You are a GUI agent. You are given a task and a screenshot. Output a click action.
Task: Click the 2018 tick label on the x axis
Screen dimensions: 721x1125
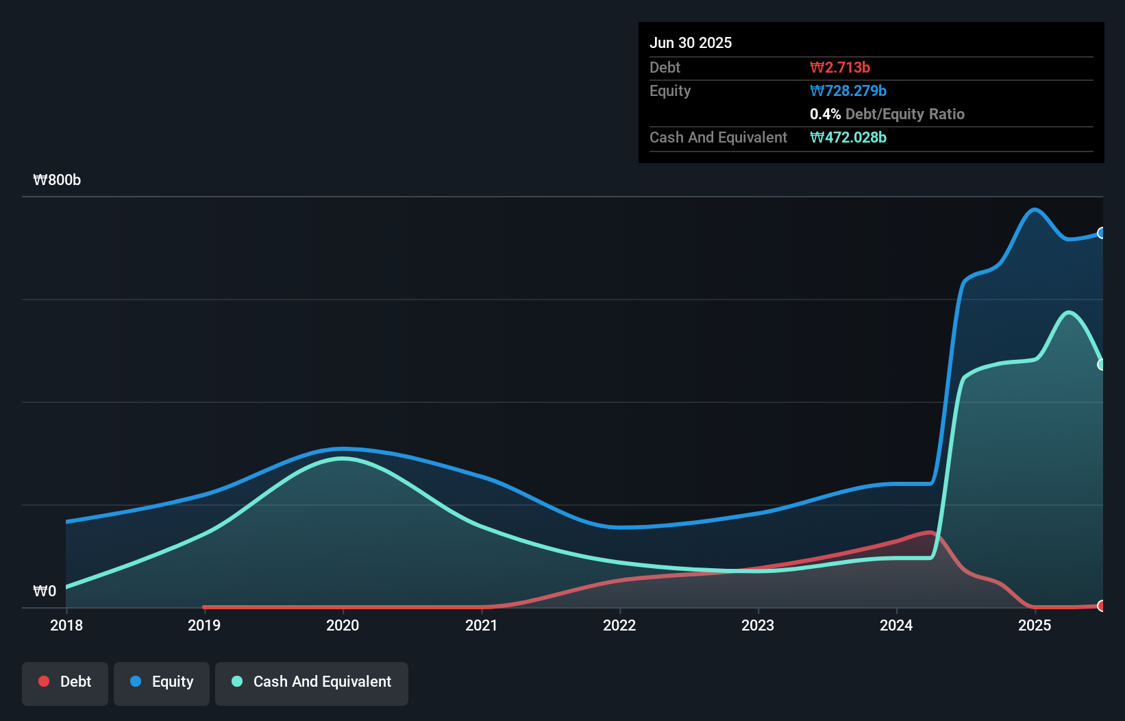[66, 625]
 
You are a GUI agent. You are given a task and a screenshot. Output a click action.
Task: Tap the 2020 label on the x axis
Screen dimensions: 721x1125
[343, 625]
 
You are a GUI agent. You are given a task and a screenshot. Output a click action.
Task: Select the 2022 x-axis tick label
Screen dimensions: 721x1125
[619, 625]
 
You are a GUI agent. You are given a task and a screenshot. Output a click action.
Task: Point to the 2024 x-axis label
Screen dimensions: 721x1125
[896, 625]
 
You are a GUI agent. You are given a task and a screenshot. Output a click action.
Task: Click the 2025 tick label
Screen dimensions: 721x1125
[1035, 625]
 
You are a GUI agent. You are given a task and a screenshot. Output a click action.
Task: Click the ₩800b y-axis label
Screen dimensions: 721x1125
[57, 180]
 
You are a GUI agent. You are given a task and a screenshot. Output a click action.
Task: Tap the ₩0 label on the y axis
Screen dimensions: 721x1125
[45, 591]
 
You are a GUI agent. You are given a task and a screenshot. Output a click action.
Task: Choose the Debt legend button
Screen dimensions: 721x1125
[65, 682]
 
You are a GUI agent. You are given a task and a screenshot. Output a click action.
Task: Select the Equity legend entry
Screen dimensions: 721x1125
[162, 682]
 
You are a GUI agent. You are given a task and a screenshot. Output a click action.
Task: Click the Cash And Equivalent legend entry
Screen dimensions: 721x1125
[312, 682]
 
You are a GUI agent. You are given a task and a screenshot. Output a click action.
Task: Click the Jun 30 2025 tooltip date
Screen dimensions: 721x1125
[691, 42]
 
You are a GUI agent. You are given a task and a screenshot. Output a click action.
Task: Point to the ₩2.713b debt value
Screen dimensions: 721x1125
[840, 67]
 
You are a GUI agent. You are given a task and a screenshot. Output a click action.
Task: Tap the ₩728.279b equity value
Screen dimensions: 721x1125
[848, 90]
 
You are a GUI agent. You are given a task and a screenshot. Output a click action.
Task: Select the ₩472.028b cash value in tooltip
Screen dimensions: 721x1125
[848, 137]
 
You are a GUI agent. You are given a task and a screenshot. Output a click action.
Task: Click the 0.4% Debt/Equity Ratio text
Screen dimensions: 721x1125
[887, 114]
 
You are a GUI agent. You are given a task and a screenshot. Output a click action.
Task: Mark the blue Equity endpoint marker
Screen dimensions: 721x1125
[1101, 233]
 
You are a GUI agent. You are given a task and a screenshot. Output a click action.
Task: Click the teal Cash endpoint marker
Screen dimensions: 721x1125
[1101, 365]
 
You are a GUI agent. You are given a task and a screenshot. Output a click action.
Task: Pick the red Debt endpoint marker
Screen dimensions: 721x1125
[1101, 606]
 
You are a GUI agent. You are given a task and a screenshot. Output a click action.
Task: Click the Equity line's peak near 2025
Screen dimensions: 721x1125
[1034, 209]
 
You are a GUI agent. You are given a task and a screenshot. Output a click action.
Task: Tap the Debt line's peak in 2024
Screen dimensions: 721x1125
[930, 532]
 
